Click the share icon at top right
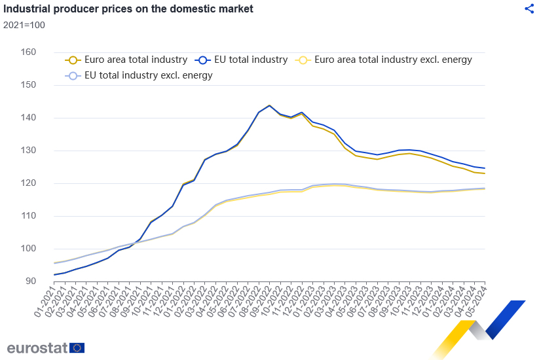(530, 9)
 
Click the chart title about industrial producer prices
(129, 9)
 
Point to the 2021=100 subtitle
(24, 25)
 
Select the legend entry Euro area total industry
(127, 60)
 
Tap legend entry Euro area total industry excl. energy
(384, 60)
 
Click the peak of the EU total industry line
(269, 105)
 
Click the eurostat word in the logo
(37, 348)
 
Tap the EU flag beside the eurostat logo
(77, 348)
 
